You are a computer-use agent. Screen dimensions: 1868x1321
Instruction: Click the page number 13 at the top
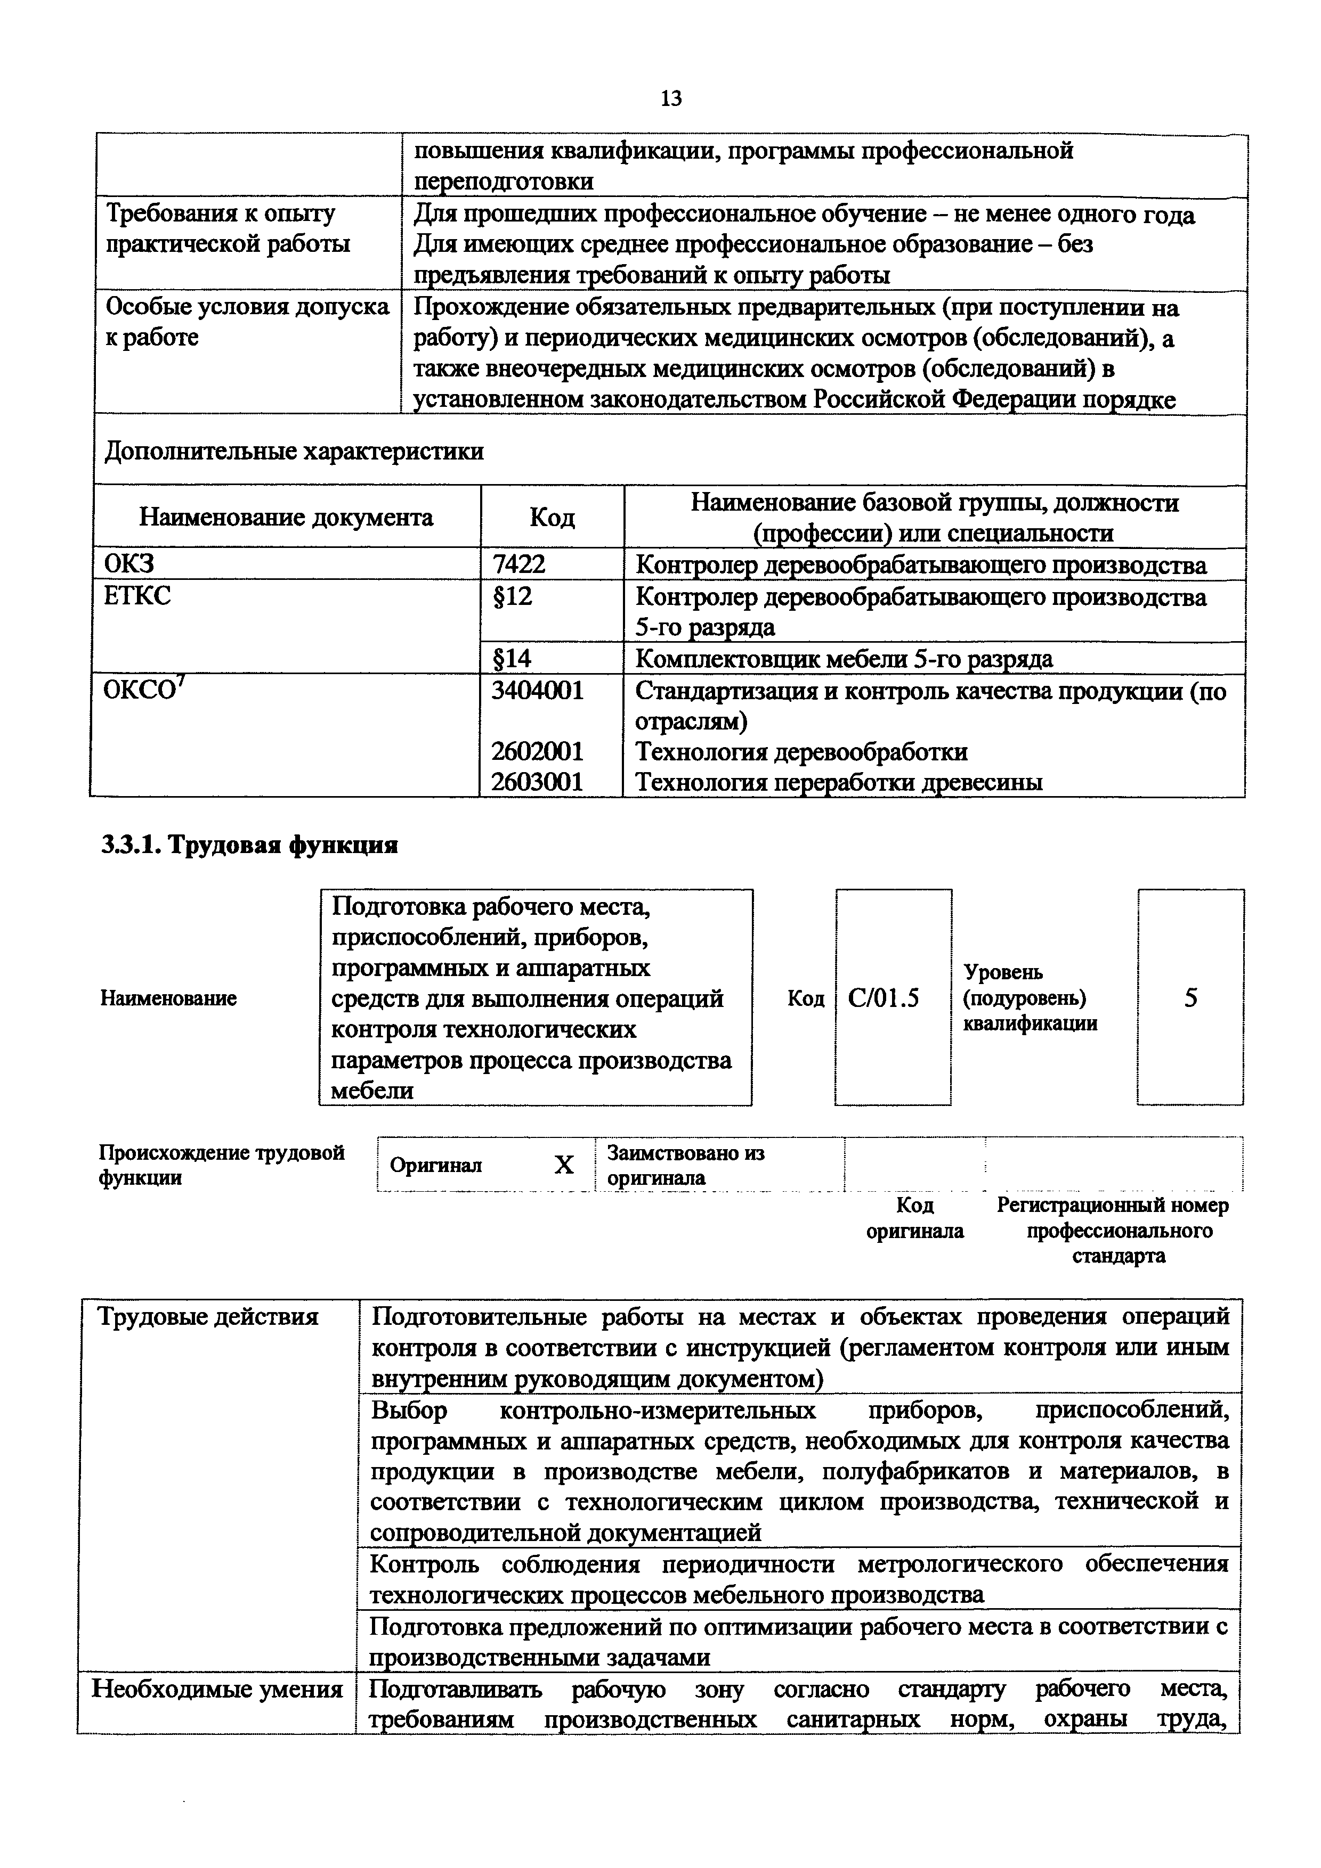(x=671, y=99)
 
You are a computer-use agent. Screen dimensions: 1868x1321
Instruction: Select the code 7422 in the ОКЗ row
(x=518, y=564)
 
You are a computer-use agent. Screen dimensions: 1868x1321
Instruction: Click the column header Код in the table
(x=552, y=518)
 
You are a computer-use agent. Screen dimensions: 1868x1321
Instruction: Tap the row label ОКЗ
(x=130, y=564)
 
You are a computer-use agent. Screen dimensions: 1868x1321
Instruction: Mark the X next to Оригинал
(x=563, y=1165)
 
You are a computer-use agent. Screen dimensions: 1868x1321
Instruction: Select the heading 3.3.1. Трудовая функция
(x=249, y=845)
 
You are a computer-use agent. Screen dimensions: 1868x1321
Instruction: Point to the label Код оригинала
(x=914, y=1217)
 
